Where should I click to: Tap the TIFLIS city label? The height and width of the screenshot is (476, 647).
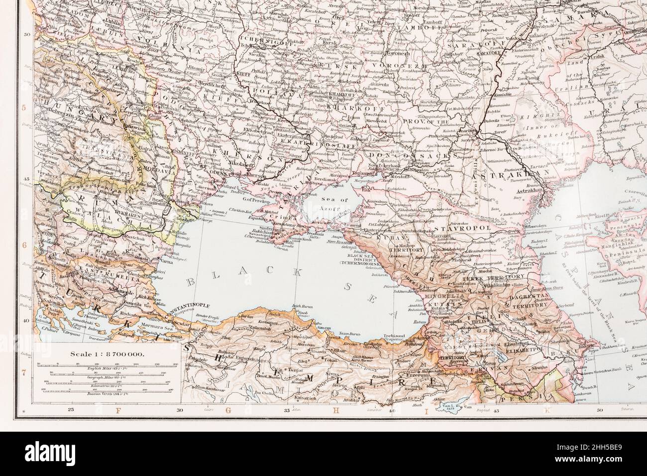[x=498, y=321]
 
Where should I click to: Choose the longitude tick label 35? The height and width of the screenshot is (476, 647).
[x=286, y=411]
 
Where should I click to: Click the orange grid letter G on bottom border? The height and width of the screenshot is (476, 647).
[x=229, y=411]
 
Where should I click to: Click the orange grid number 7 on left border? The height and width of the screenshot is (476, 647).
[x=23, y=372]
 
